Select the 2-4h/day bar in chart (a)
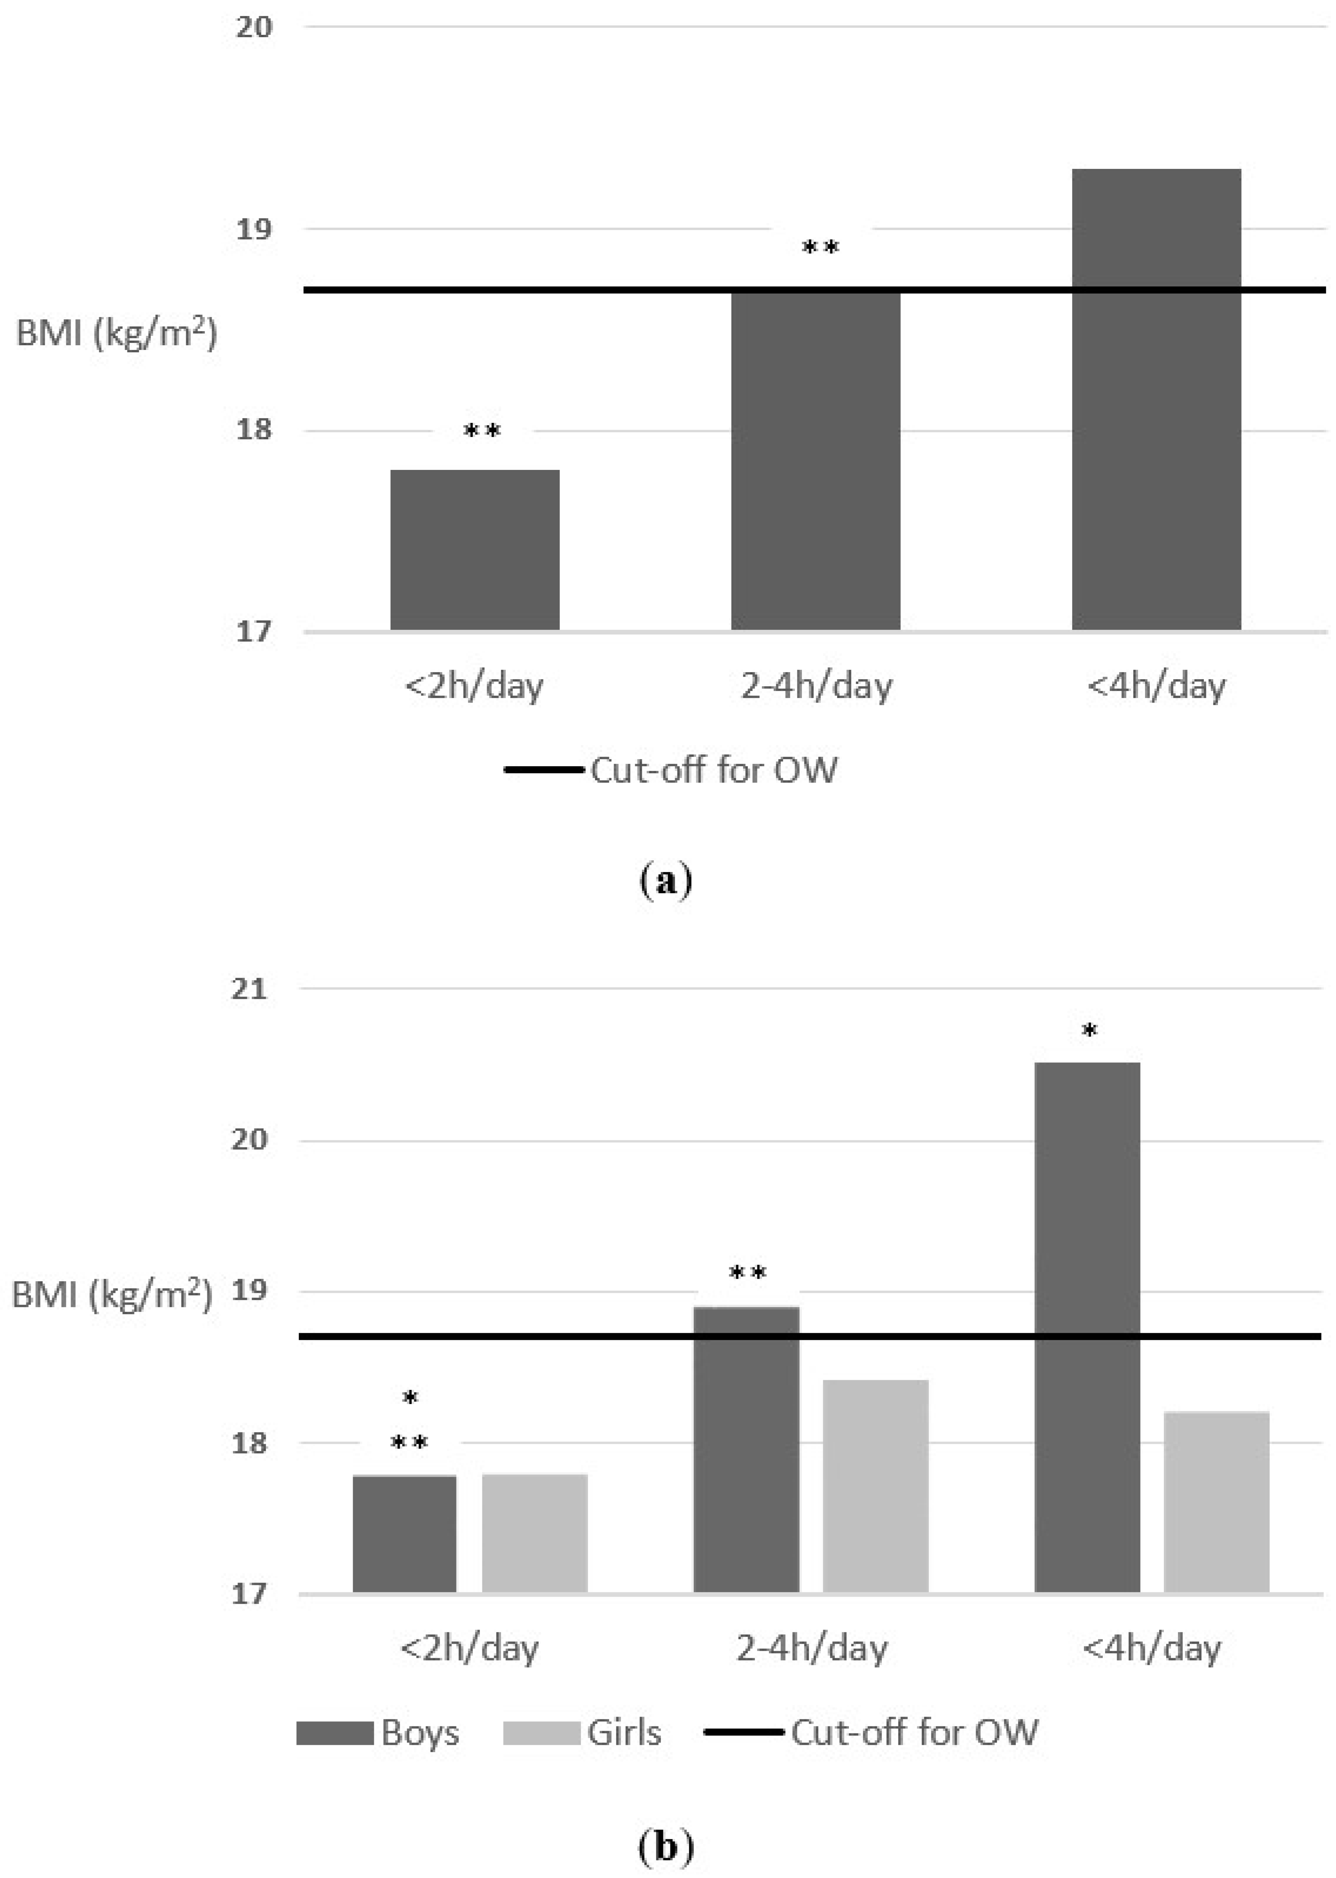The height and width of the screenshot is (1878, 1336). (815, 461)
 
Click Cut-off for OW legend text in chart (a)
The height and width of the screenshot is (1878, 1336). (713, 770)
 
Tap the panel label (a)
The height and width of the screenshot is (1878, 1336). (666, 880)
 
